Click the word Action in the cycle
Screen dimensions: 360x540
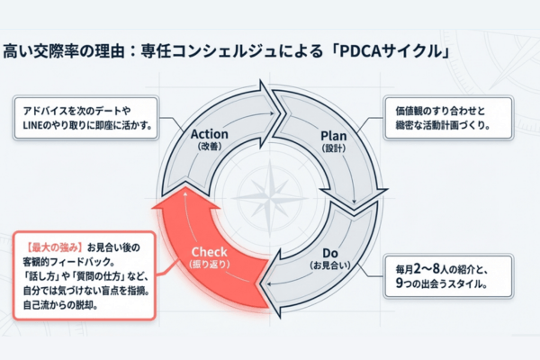(210, 134)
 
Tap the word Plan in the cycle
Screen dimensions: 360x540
(334, 135)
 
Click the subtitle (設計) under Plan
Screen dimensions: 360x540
(334, 149)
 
